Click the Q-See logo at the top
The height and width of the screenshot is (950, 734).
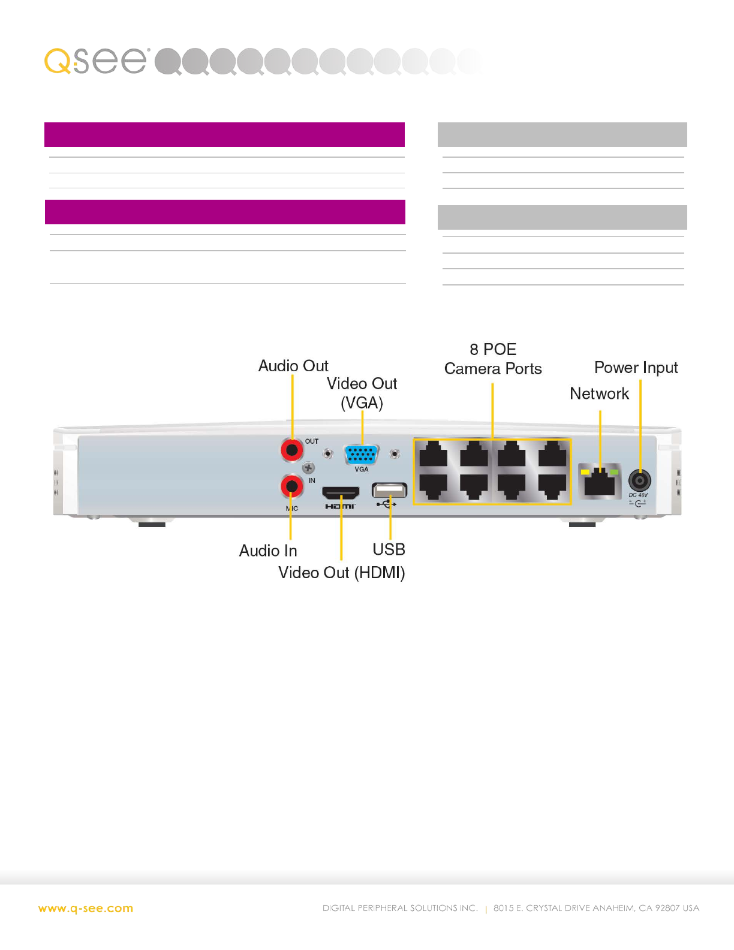(96, 61)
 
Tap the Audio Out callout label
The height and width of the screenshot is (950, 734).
(293, 366)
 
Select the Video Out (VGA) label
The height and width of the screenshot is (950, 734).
(362, 393)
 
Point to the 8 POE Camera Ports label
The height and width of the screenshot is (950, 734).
(493, 359)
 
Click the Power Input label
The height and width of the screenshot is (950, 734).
(636, 368)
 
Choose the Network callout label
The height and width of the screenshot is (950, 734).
(599, 393)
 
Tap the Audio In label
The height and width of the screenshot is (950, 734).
(268, 551)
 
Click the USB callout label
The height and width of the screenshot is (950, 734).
(389, 549)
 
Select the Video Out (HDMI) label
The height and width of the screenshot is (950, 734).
(341, 573)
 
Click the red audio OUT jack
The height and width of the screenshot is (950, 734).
(292, 450)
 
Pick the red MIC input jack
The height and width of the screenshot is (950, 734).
(292, 486)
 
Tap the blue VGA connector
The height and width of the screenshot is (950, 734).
(362, 455)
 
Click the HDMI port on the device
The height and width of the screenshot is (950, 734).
(341, 493)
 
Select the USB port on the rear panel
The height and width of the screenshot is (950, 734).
(389, 490)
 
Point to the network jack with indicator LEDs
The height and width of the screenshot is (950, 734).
(599, 481)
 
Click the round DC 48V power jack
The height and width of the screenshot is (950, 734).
(639, 480)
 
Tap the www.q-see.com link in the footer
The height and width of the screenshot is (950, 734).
(86, 909)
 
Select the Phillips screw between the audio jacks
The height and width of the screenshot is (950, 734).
(308, 468)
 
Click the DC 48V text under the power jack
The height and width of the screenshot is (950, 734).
(638, 495)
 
